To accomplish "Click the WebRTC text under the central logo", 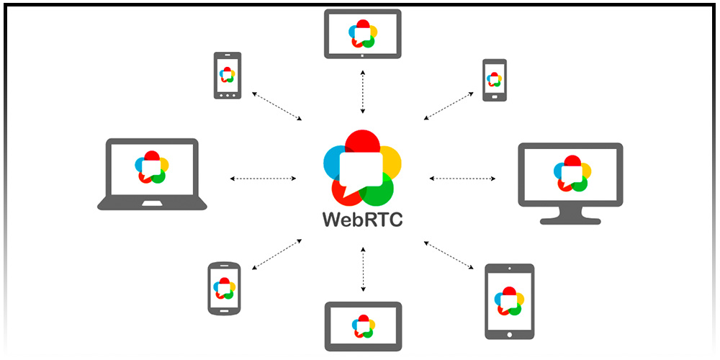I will pyautogui.click(x=362, y=218).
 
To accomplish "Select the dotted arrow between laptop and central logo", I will pyautogui.click(x=263, y=178).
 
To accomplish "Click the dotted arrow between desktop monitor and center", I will pyautogui.click(x=462, y=178).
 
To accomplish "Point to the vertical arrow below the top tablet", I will pyautogui.click(x=363, y=91).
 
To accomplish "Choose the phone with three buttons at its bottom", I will pyautogui.click(x=228, y=75).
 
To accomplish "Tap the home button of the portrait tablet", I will pyautogui.click(x=509, y=333).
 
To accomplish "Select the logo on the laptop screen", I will pyautogui.click(x=152, y=166).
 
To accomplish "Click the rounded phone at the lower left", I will pyautogui.click(x=223, y=288).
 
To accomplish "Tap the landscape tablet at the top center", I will pyautogui.click(x=362, y=33).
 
